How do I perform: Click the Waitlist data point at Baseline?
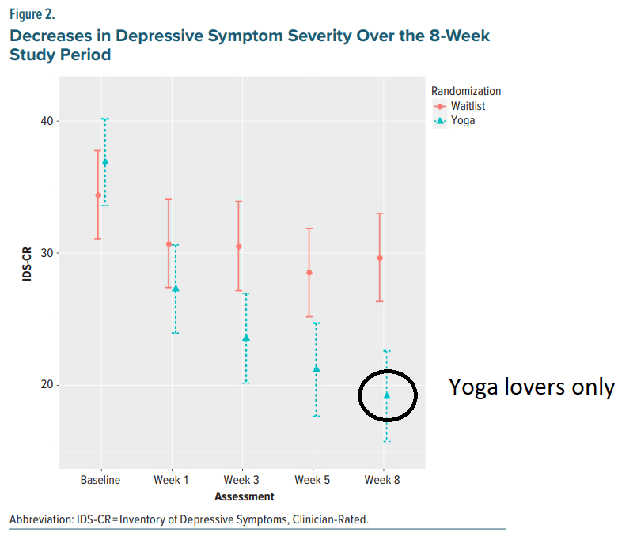98,195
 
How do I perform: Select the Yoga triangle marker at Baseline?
105,161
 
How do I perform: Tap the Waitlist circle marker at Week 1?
169,244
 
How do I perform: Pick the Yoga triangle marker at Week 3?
245,338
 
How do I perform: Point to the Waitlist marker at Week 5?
309,273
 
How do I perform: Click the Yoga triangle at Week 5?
317,368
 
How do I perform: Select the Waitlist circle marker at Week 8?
380,258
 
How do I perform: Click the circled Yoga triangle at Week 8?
387,395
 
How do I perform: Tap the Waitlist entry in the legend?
468,106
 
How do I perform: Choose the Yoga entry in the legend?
463,121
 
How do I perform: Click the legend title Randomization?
465,91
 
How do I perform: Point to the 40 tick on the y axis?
44,121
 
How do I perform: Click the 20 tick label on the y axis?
44,385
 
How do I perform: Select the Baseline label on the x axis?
100,481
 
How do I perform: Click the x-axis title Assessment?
244,497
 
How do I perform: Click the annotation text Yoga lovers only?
532,387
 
